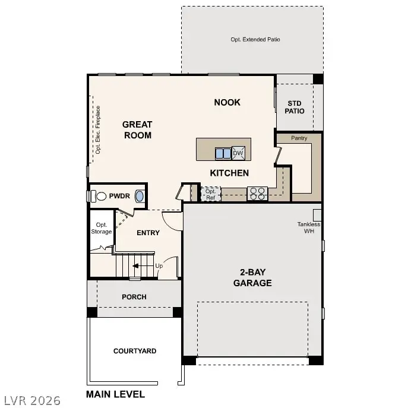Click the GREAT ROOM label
click(137, 129)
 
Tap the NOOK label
click(227, 102)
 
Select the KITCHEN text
click(229, 173)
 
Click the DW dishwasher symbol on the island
click(238, 153)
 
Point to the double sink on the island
click(223, 153)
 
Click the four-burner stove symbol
click(257, 193)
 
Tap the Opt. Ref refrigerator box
click(211, 194)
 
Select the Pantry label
click(299, 138)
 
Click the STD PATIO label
click(295, 107)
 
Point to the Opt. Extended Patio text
click(255, 40)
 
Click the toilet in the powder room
click(99, 195)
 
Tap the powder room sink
click(140, 196)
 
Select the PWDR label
click(119, 195)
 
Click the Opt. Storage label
click(101, 228)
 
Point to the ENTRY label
click(148, 233)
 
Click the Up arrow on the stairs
click(138, 266)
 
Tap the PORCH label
click(134, 297)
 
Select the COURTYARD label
click(135, 351)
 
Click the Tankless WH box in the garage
click(317, 214)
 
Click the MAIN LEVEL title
click(115, 394)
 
